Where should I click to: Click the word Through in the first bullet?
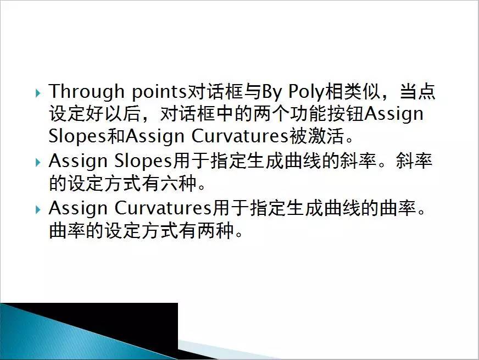tap(86, 92)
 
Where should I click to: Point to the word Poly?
tap(307, 92)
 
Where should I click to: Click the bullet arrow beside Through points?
tap(38, 93)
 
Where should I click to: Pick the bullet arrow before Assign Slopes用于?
tap(38, 162)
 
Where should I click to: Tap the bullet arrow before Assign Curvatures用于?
tap(38, 209)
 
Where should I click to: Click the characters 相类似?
tap(353, 91)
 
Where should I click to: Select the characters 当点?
tap(417, 91)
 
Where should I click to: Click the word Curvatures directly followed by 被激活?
tap(240, 136)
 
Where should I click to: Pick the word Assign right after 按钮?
tap(394, 114)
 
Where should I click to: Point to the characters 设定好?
tap(76, 114)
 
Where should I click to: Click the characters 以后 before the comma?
tap(122, 114)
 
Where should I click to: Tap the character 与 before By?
tap(252, 91)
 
